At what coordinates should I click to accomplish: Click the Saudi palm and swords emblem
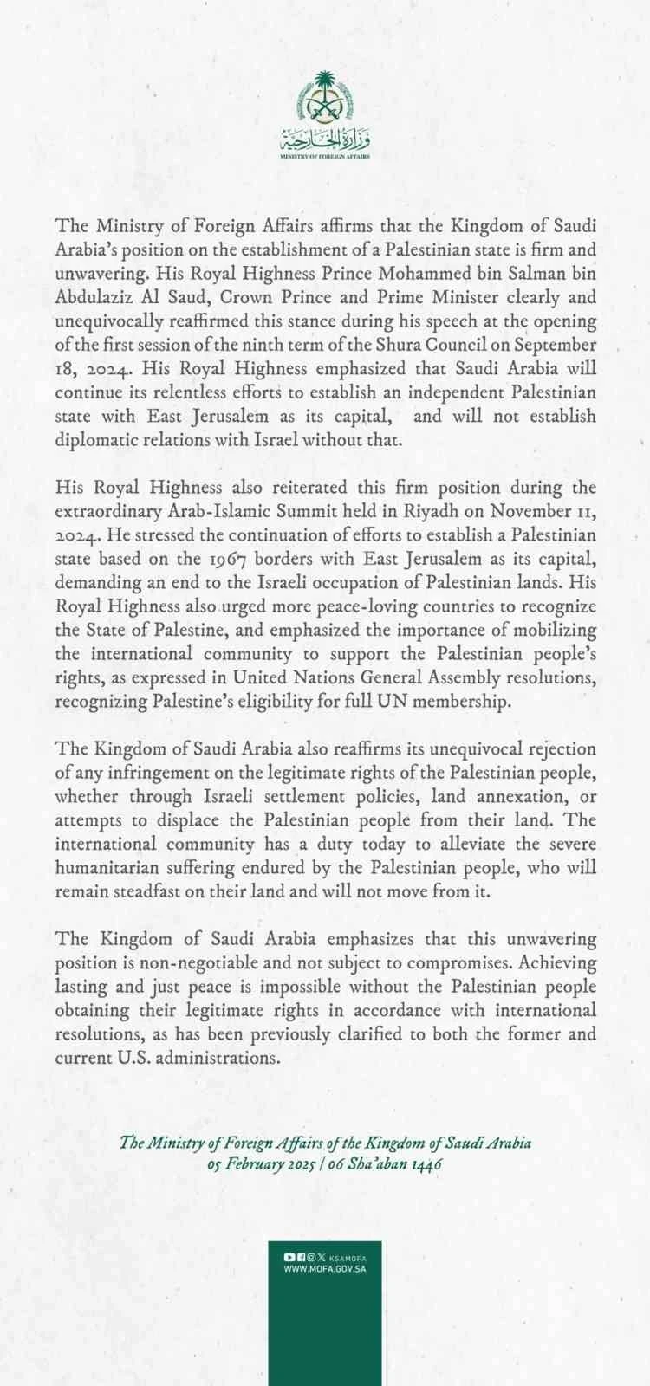pyautogui.click(x=325, y=97)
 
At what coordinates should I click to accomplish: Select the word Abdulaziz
pyautogui.click(x=97, y=297)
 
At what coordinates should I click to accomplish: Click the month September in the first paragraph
pyautogui.click(x=554, y=344)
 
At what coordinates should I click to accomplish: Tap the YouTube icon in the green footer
pyautogui.click(x=289, y=1257)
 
